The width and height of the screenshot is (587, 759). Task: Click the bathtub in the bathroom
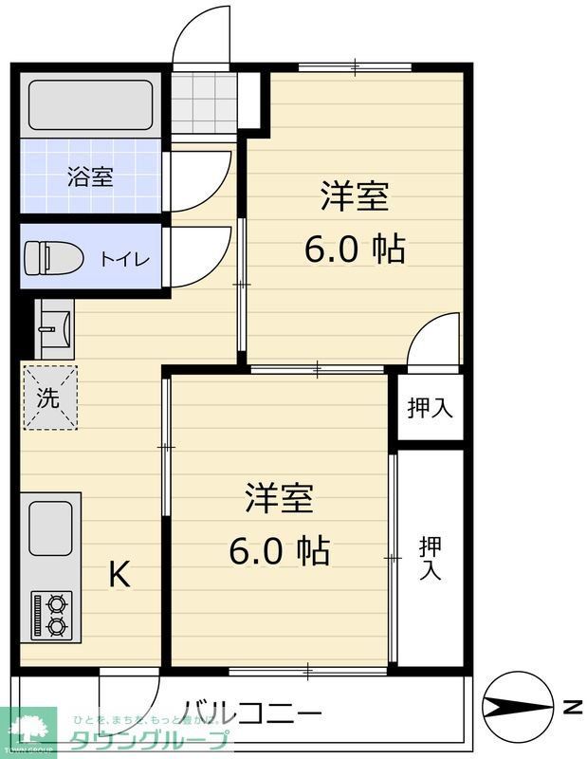[x=91, y=104]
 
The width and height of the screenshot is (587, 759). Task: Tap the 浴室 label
[x=91, y=176]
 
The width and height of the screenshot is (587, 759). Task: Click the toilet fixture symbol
[x=44, y=257]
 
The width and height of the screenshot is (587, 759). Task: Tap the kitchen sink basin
[x=50, y=528]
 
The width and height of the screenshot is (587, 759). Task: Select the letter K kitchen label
[x=119, y=575]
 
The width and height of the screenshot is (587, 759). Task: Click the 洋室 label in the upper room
[x=355, y=196]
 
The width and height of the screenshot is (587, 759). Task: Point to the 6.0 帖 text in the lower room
[x=280, y=549]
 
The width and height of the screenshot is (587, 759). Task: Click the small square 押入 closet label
[x=430, y=408]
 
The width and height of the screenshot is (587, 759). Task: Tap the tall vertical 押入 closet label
[x=430, y=558]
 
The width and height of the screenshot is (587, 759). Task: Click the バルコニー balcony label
[x=252, y=712]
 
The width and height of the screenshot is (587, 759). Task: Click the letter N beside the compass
[x=571, y=708]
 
